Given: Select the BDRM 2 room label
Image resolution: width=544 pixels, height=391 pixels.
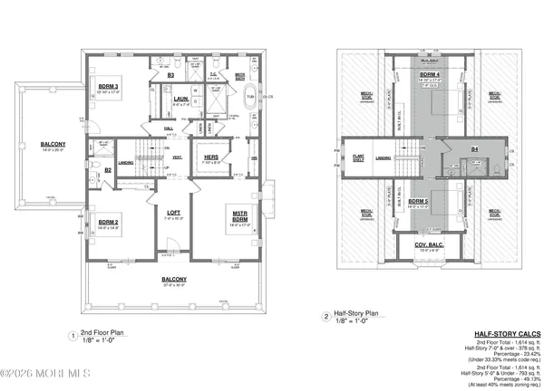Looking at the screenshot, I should tap(109, 222).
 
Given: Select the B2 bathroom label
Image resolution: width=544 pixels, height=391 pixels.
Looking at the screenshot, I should tap(107, 169).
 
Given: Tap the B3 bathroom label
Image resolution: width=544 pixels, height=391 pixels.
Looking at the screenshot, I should tap(170, 76).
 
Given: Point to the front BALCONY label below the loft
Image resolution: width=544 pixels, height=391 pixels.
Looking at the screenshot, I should tap(174, 278).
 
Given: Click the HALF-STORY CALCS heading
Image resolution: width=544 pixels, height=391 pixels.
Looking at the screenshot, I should tap(508, 334).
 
